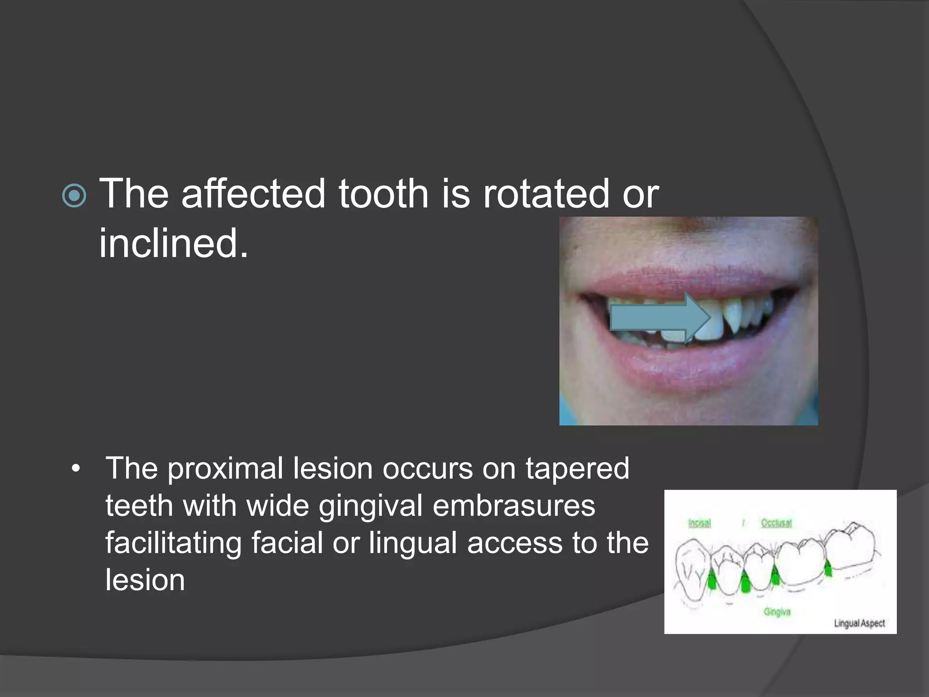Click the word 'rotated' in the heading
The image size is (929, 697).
point(546,194)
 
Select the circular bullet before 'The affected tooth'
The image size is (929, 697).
point(74,196)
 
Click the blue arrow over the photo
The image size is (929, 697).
point(658,318)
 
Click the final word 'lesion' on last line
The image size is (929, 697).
point(145,580)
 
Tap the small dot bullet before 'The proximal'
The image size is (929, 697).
point(76,469)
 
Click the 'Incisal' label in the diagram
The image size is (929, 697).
point(699,523)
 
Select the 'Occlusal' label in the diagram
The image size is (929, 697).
point(776,523)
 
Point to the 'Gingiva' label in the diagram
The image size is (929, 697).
point(777,612)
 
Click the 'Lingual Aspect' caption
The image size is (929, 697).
point(859,623)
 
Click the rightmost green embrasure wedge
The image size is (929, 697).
point(828,568)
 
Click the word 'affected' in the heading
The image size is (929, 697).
point(253,194)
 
